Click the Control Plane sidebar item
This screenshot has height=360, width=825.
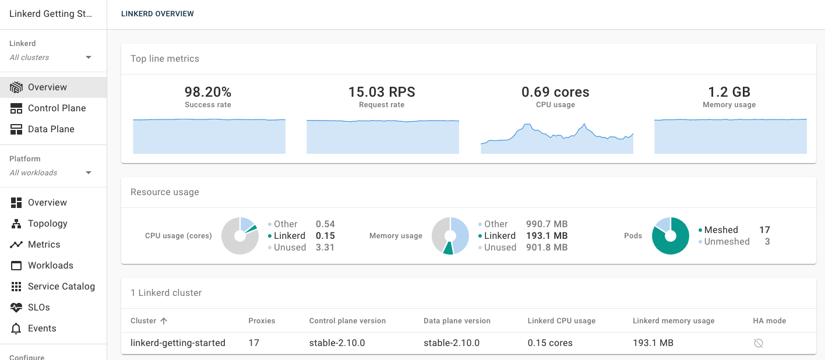pos(57,108)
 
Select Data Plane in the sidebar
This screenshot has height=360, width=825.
pos(51,129)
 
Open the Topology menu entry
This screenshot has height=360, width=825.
pos(47,224)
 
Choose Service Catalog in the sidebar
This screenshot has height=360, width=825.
pos(61,287)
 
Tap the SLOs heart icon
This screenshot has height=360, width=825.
pos(16,308)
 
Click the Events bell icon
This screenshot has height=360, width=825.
pos(16,329)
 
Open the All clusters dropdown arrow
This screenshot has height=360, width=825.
pos(89,58)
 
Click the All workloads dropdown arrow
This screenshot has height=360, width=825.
pos(89,173)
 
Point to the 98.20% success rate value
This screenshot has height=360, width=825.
pos(208,92)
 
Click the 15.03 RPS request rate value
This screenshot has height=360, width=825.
pos(382,92)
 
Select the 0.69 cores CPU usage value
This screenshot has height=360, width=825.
pos(555,92)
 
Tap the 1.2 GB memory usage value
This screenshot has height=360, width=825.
pos(729,92)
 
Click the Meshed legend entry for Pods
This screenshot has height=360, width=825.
pos(721,230)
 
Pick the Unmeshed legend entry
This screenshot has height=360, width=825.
pos(727,242)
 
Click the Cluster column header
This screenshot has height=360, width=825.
pos(143,321)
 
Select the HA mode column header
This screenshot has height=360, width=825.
pos(769,321)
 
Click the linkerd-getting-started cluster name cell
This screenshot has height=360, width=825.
pos(178,343)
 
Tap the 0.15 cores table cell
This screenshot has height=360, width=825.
pos(550,343)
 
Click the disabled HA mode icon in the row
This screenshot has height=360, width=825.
pos(758,343)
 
